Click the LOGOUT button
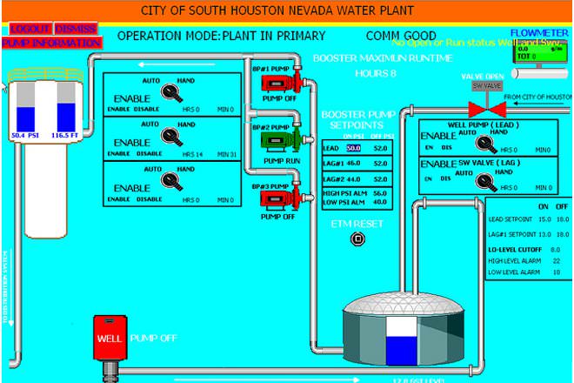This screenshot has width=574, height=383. pos(29,29)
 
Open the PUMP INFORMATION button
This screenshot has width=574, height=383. pos(51,42)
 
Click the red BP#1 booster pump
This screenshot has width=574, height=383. pos(281,84)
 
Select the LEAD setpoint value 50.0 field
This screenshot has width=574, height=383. pos(354,148)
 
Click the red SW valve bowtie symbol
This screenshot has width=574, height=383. pos(487,109)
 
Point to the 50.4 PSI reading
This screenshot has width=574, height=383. pos(26,136)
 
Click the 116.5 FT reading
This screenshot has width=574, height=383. pos(66,136)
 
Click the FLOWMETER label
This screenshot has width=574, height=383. pos(539,32)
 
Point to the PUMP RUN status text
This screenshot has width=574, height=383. pos(283,160)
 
